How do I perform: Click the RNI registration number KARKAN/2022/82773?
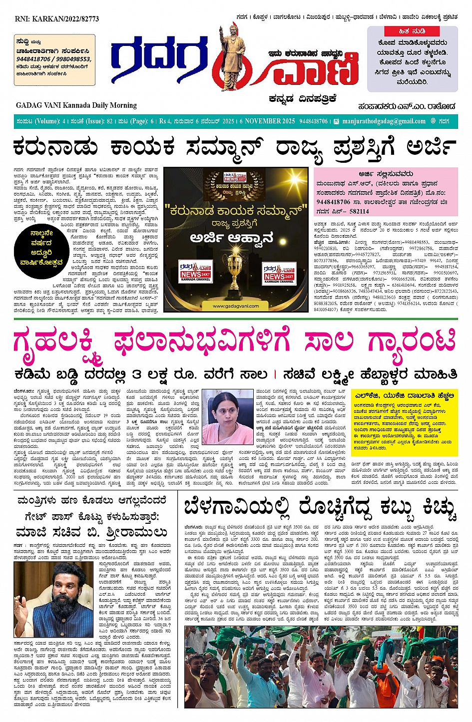57,19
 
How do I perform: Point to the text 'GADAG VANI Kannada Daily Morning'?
76,105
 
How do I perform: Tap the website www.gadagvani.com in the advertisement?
236,306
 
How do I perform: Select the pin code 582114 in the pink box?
359,211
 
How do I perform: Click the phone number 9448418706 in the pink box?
333,202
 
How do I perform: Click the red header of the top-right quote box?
412,31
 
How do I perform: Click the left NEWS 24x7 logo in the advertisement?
195,272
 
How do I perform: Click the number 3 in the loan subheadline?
137,374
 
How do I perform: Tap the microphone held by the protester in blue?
276,680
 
